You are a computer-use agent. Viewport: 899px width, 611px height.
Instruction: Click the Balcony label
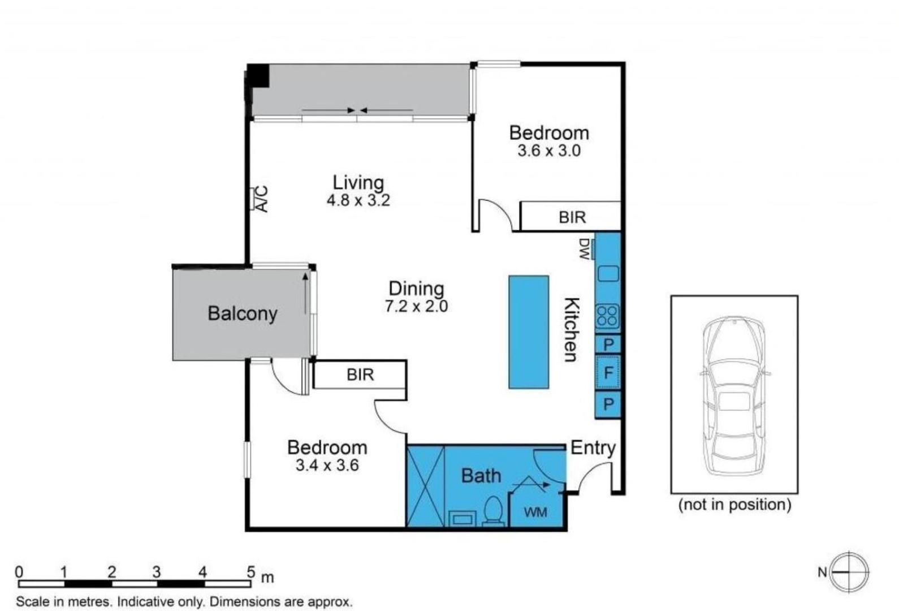pyautogui.click(x=243, y=313)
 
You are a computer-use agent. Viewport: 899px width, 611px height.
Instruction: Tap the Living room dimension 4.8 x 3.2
pyautogui.click(x=358, y=200)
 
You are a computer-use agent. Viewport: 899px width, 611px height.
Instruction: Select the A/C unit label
pyautogui.click(x=262, y=199)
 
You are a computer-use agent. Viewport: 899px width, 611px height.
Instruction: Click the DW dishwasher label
pyautogui.click(x=585, y=249)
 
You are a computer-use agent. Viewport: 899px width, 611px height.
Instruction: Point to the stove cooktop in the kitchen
pyautogui.click(x=608, y=316)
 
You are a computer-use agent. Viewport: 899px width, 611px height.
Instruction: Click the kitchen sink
pyautogui.click(x=608, y=273)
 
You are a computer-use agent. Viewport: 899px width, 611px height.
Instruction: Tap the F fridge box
pyautogui.click(x=608, y=373)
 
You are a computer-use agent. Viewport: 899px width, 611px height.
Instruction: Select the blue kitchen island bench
pyautogui.click(x=529, y=332)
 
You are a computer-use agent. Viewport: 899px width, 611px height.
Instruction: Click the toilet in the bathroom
pyautogui.click(x=493, y=511)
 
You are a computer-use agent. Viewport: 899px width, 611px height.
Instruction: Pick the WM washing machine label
pyautogui.click(x=535, y=512)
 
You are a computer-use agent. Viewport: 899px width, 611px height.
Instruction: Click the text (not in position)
pyautogui.click(x=734, y=505)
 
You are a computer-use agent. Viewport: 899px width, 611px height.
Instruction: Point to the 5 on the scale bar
pyautogui.click(x=251, y=571)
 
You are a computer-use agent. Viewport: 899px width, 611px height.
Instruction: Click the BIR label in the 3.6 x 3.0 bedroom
pyautogui.click(x=572, y=217)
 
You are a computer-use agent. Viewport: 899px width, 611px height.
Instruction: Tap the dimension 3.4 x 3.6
pyautogui.click(x=327, y=465)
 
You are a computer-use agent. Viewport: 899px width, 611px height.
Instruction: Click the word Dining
pyautogui.click(x=416, y=289)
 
